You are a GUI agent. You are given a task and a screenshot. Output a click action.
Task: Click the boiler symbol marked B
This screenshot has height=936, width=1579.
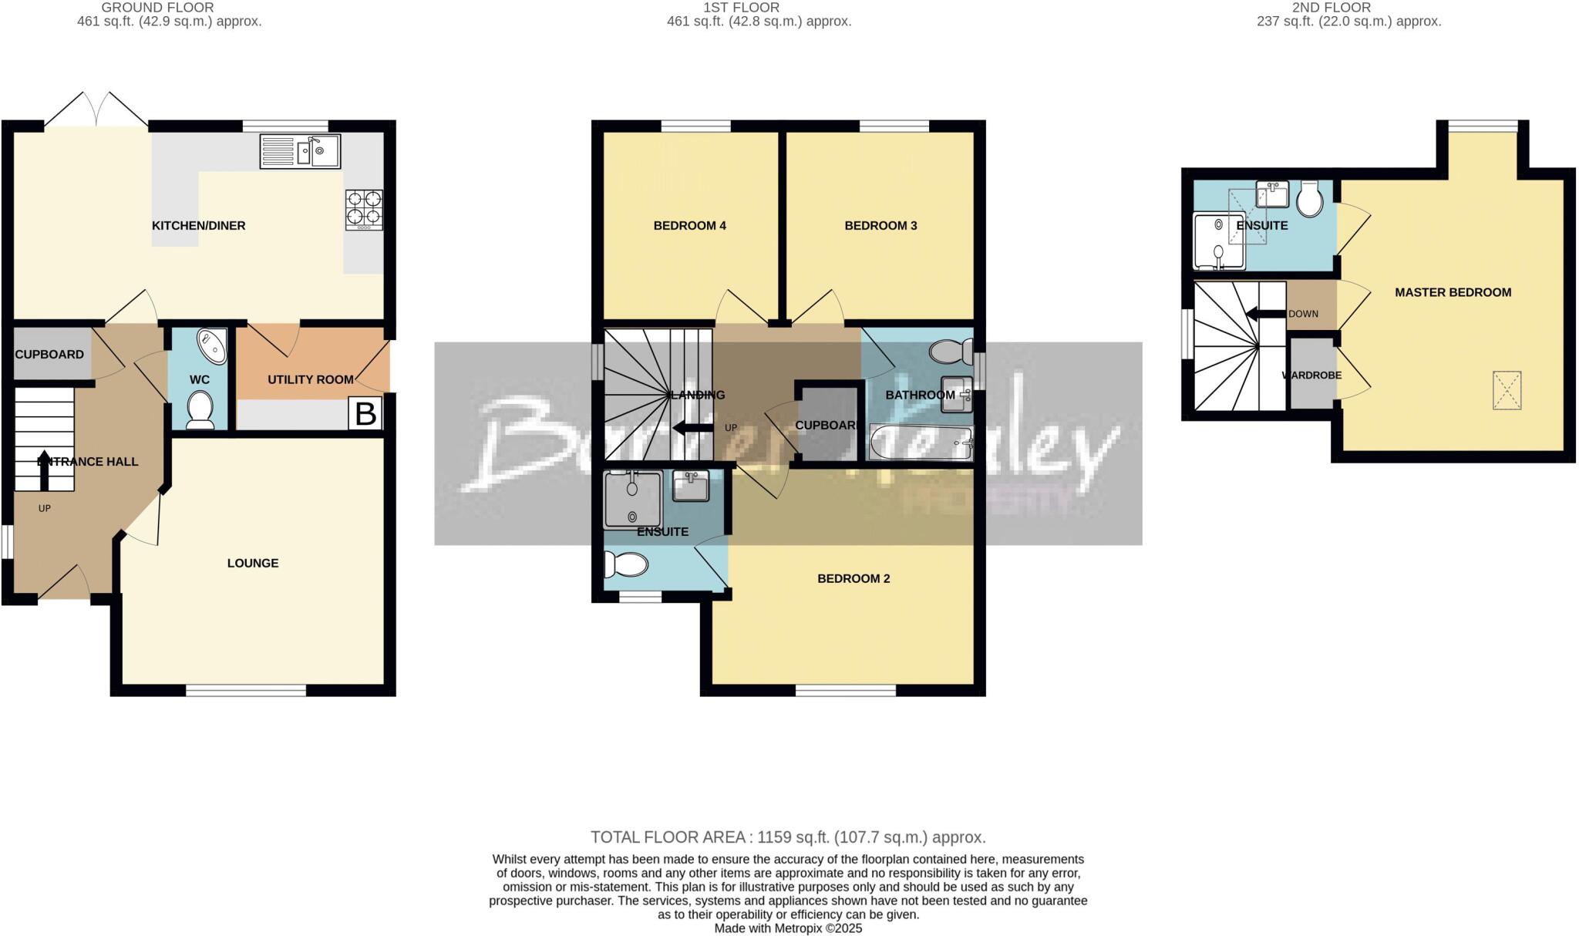[x=365, y=414]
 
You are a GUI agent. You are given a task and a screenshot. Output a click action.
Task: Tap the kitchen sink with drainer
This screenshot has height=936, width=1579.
[x=300, y=151]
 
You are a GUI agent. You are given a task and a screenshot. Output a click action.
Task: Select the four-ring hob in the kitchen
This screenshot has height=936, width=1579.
[x=364, y=209]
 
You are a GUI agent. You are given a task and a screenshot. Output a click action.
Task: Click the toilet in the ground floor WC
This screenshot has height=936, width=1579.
[x=200, y=409]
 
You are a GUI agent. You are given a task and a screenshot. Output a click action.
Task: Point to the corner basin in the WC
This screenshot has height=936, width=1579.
[x=213, y=345]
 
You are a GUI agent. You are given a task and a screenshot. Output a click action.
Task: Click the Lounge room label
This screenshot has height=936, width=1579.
[x=253, y=564]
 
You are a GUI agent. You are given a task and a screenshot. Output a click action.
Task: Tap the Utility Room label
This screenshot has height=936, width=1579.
[x=310, y=379]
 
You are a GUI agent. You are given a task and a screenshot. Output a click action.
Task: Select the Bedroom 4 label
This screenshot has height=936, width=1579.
[x=689, y=226]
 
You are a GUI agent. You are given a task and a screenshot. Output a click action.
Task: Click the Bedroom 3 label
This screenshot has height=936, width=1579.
[x=880, y=226]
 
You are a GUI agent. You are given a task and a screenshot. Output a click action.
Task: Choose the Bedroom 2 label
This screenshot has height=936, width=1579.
[x=853, y=579]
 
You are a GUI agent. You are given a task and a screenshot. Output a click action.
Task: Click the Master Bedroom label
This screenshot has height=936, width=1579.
[x=1453, y=292]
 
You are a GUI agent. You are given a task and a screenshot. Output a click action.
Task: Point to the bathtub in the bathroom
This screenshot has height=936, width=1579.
[x=921, y=443]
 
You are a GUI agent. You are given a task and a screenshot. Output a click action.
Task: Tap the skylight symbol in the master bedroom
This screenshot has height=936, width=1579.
[x=1507, y=390]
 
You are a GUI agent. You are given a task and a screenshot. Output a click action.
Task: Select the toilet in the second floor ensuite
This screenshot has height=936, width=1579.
[x=1310, y=199]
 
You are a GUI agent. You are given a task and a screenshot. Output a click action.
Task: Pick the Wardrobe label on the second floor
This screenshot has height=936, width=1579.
[x=1311, y=375]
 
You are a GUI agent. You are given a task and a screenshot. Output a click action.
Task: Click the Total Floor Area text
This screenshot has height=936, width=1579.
[x=788, y=837]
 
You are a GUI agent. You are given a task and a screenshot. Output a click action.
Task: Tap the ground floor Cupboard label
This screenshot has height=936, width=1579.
[x=49, y=355]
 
